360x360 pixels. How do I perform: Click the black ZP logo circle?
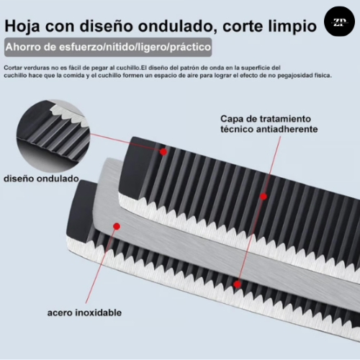pyautogui.click(x=339, y=22)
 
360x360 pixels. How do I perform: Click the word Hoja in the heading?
pyautogui.click(x=22, y=26)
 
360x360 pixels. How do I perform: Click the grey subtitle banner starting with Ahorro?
pyautogui.click(x=108, y=47)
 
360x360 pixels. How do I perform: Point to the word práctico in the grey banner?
pyautogui.click(x=190, y=47)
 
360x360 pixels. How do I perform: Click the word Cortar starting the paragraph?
pyautogui.click(x=13, y=68)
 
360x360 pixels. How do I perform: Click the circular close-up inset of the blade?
pyautogui.click(x=53, y=136)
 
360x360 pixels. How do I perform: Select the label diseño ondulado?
pyautogui.click(x=41, y=179)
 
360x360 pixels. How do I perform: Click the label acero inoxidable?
pyautogui.click(x=84, y=312)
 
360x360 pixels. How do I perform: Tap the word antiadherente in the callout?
pyautogui.click(x=287, y=130)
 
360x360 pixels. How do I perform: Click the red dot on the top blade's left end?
pyautogui.click(x=163, y=152)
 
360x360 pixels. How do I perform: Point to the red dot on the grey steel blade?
pyautogui.click(x=117, y=226)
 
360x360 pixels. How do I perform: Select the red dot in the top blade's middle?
pyautogui.click(x=264, y=197)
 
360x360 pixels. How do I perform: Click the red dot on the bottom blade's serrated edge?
pyautogui.click(x=237, y=284)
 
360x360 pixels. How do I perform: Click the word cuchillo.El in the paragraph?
pyautogui.click(x=132, y=68)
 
